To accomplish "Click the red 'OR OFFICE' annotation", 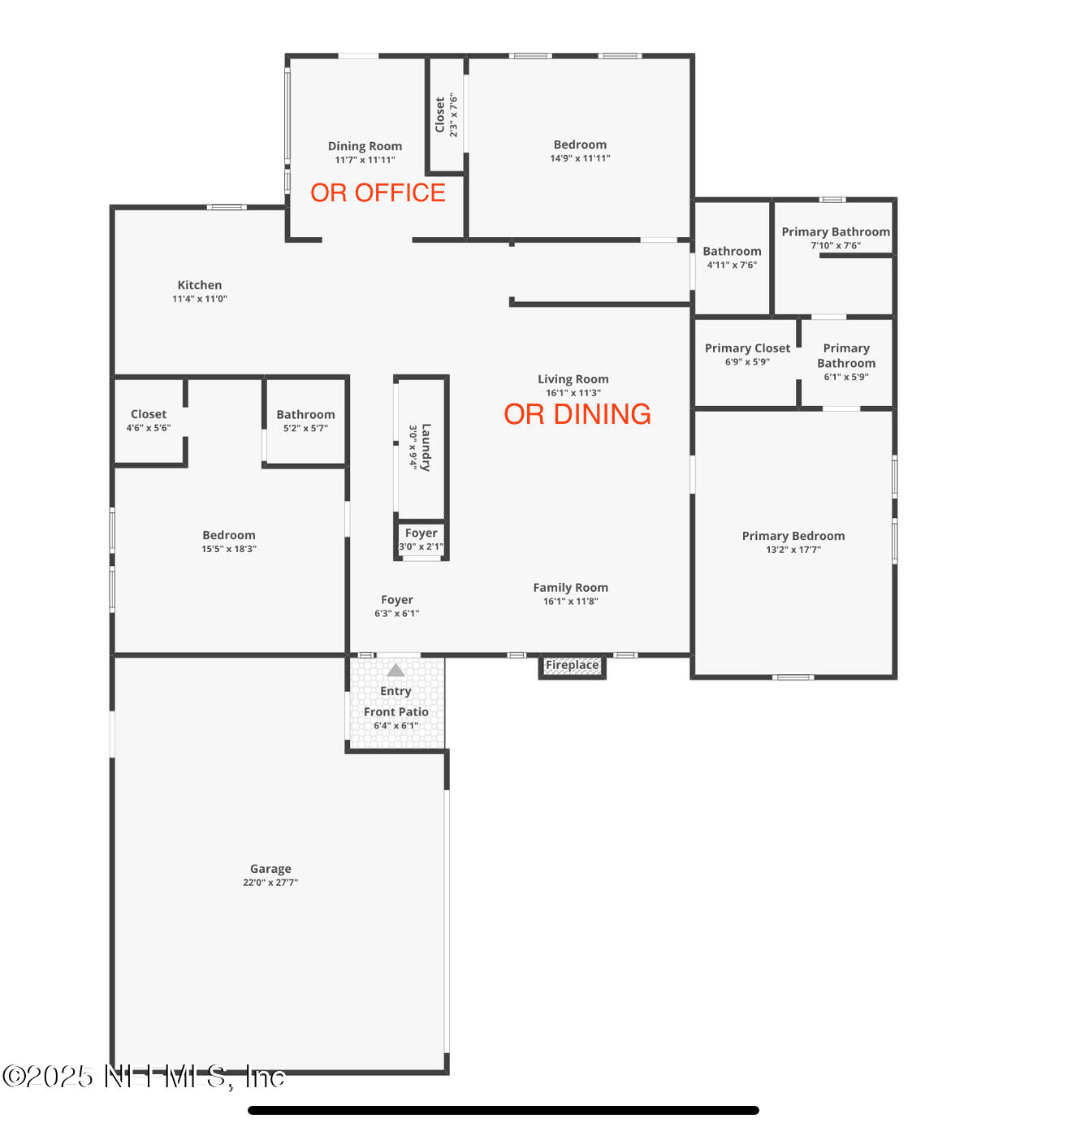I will [x=378, y=192].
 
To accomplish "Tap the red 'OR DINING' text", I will [x=577, y=414].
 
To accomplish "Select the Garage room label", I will [x=270, y=869].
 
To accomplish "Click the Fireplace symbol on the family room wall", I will [x=572, y=666].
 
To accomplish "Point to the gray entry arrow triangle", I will [x=396, y=671].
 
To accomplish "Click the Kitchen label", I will [x=200, y=285].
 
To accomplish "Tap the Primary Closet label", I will [x=747, y=348].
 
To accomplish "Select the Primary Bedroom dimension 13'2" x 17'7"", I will [x=793, y=550].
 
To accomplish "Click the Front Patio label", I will [x=396, y=712].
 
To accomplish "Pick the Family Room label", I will [x=570, y=588].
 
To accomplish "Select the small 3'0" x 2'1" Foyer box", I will [x=421, y=539].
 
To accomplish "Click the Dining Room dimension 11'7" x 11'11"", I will [x=365, y=160].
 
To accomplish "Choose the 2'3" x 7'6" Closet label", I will [x=446, y=114].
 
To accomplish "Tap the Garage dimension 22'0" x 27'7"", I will [x=270, y=883].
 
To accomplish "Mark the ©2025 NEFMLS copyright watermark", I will [x=144, y=1077].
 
